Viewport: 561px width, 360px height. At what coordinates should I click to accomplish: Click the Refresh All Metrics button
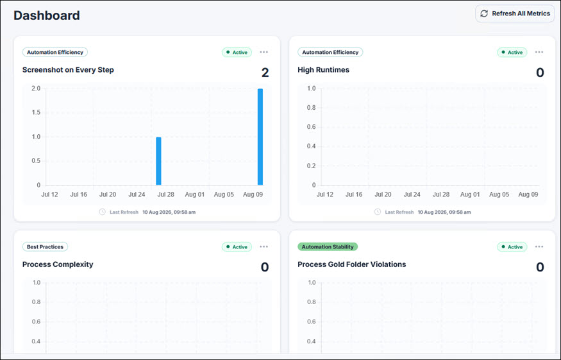pyautogui.click(x=515, y=13)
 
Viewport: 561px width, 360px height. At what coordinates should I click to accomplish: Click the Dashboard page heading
pyautogui.click(x=47, y=15)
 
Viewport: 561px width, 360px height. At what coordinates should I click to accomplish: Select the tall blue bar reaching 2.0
pyautogui.click(x=260, y=137)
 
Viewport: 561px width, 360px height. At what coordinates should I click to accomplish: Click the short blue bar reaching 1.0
pyautogui.click(x=158, y=161)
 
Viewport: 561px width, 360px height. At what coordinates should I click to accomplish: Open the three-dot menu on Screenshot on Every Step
pyautogui.click(x=264, y=52)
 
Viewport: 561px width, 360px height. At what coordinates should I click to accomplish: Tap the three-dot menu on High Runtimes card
pyautogui.click(x=539, y=52)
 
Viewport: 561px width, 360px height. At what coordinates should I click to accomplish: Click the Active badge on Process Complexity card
pyautogui.click(x=237, y=247)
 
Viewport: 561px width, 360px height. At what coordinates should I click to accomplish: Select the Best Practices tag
pyautogui.click(x=45, y=247)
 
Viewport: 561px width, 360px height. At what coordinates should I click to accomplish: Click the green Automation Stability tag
pyautogui.click(x=328, y=247)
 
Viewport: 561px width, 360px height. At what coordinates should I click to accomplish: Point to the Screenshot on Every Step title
pyautogui.click(x=68, y=70)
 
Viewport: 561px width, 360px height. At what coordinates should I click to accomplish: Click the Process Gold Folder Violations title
pyautogui.click(x=352, y=264)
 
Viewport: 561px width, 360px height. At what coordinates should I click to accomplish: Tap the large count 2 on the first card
pyautogui.click(x=265, y=73)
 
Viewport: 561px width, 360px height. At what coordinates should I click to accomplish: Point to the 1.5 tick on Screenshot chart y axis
pyautogui.click(x=36, y=112)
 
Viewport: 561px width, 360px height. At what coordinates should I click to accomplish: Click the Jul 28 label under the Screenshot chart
pyautogui.click(x=165, y=194)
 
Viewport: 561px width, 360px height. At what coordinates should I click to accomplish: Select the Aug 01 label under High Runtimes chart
pyautogui.click(x=470, y=194)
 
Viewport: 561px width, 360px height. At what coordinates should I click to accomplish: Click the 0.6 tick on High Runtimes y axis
pyautogui.click(x=311, y=127)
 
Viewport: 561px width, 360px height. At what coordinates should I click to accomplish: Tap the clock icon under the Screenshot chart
pyautogui.click(x=103, y=212)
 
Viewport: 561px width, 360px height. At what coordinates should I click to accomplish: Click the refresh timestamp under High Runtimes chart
pyautogui.click(x=444, y=212)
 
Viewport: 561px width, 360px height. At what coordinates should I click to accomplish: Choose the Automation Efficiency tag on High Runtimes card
pyautogui.click(x=330, y=52)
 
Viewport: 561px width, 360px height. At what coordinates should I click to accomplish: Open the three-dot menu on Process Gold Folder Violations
pyautogui.click(x=539, y=247)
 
